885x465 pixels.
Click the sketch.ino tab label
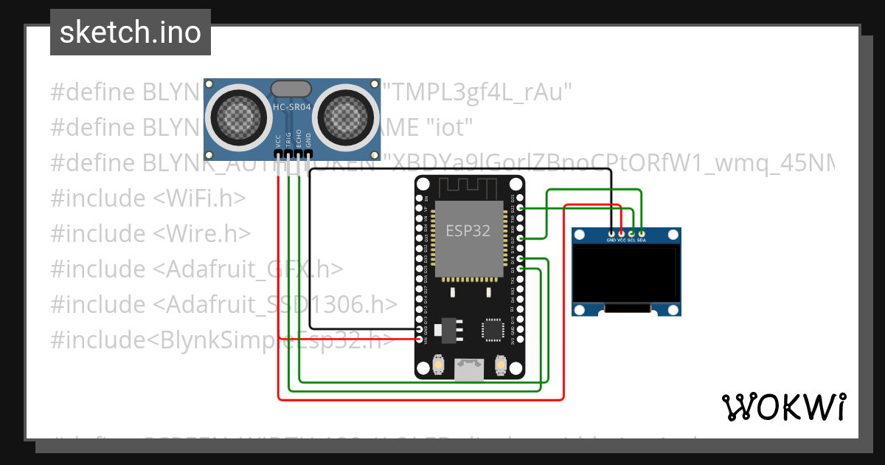click(x=130, y=32)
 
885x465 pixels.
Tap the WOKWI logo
click(x=783, y=407)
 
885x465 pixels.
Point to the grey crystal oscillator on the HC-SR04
click(x=294, y=89)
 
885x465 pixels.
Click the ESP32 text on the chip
click(x=468, y=231)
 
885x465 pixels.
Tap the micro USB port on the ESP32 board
click(x=469, y=368)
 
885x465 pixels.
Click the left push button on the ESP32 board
click(x=438, y=365)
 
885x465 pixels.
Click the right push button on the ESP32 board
click(x=500, y=365)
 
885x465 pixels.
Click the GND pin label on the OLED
click(x=611, y=240)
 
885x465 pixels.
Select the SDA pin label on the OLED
click(x=642, y=240)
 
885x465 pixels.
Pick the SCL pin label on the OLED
click(x=631, y=240)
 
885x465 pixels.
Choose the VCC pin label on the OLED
click(x=622, y=240)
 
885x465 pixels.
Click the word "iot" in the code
click(x=449, y=128)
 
